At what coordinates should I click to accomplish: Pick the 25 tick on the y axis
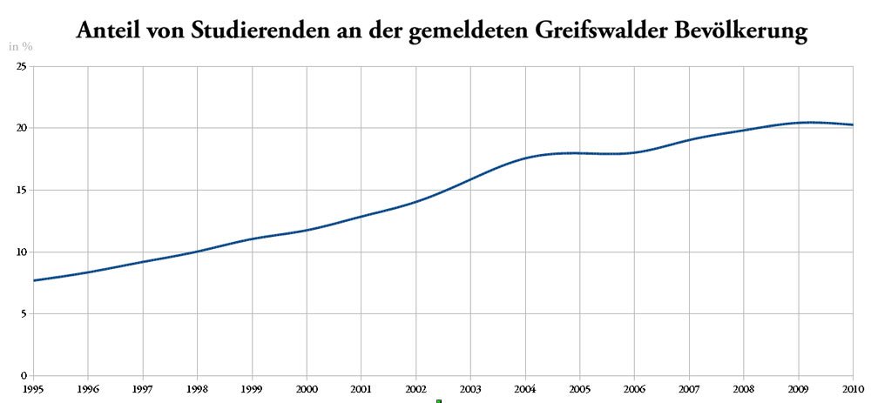click(22, 66)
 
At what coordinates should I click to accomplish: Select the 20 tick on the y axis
click(22, 128)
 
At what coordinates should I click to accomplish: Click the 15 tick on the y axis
click(22, 190)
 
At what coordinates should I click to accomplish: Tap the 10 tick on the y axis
click(22, 252)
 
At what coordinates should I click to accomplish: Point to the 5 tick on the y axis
click(24, 313)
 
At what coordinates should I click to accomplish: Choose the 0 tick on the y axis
click(24, 375)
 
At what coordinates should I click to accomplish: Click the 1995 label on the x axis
click(33, 388)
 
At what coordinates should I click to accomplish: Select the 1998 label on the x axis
click(197, 388)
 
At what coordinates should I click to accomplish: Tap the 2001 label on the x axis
click(361, 388)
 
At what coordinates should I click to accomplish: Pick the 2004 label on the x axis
click(525, 388)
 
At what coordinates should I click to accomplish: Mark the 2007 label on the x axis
click(689, 388)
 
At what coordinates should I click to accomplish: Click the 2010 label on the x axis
click(853, 388)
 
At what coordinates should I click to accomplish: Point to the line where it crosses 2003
click(470, 179)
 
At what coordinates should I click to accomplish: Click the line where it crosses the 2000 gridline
click(307, 230)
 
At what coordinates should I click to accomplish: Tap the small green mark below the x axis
click(439, 401)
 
